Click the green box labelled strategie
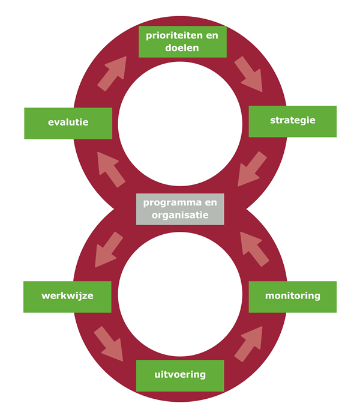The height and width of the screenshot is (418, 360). pyautogui.click(x=292, y=121)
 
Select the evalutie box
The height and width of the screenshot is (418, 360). pyautogui.click(x=68, y=124)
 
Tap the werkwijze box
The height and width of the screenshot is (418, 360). pyautogui.click(x=67, y=297)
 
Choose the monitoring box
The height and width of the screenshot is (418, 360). pyautogui.click(x=292, y=297)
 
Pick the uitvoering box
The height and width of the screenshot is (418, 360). pyautogui.click(x=180, y=375)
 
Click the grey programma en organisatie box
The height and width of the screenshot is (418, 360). pyautogui.click(x=180, y=209)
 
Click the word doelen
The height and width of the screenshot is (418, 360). pyautogui.click(x=182, y=47)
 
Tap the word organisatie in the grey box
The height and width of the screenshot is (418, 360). pyautogui.click(x=180, y=216)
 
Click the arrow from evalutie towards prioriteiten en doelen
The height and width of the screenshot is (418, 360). pyautogui.click(x=112, y=73)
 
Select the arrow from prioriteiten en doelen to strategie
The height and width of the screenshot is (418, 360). pyautogui.click(x=248, y=74)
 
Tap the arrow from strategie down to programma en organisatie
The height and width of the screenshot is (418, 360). pyautogui.click(x=252, y=169)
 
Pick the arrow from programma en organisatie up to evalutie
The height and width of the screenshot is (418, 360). pyautogui.click(x=111, y=169)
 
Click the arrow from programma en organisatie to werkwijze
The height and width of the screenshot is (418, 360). pyautogui.click(x=109, y=249)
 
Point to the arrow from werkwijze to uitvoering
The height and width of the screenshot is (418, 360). pyautogui.click(x=109, y=344)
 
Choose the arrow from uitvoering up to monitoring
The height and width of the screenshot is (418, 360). pyautogui.click(x=248, y=344)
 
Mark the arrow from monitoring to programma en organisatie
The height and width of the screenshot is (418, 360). pyautogui.click(x=254, y=249)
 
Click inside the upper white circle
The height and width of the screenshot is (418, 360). pyautogui.click(x=180, y=124)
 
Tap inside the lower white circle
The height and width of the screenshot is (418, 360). pyautogui.click(x=180, y=294)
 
